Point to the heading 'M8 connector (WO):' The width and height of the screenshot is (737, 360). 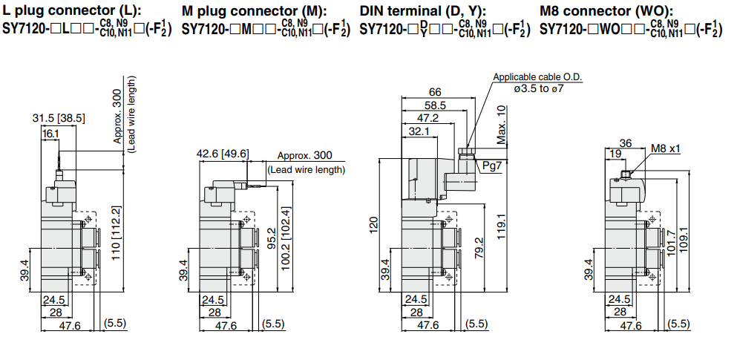[606, 11]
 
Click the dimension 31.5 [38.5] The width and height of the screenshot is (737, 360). [59, 118]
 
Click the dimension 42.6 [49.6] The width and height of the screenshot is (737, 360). [223, 154]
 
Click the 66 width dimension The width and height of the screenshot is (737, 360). [435, 93]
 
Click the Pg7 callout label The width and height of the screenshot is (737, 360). [491, 165]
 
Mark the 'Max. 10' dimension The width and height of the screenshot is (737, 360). [501, 124]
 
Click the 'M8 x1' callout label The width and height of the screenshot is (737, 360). [666, 148]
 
